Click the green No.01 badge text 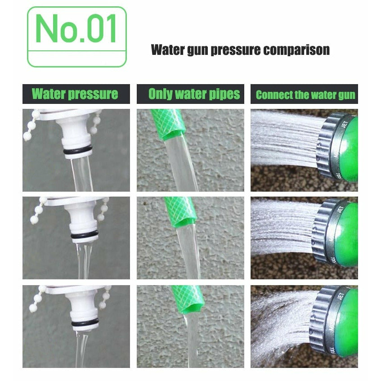coord(76,29)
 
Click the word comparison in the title coord(296,50)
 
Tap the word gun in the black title coord(197,50)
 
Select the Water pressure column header coord(75,94)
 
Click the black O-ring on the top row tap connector coord(78,151)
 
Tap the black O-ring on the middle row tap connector coord(85,235)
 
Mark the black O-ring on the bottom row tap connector coord(85,323)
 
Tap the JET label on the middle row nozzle coord(340,210)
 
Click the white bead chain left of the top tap coord(31,125)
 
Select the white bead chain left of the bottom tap coord(37,299)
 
